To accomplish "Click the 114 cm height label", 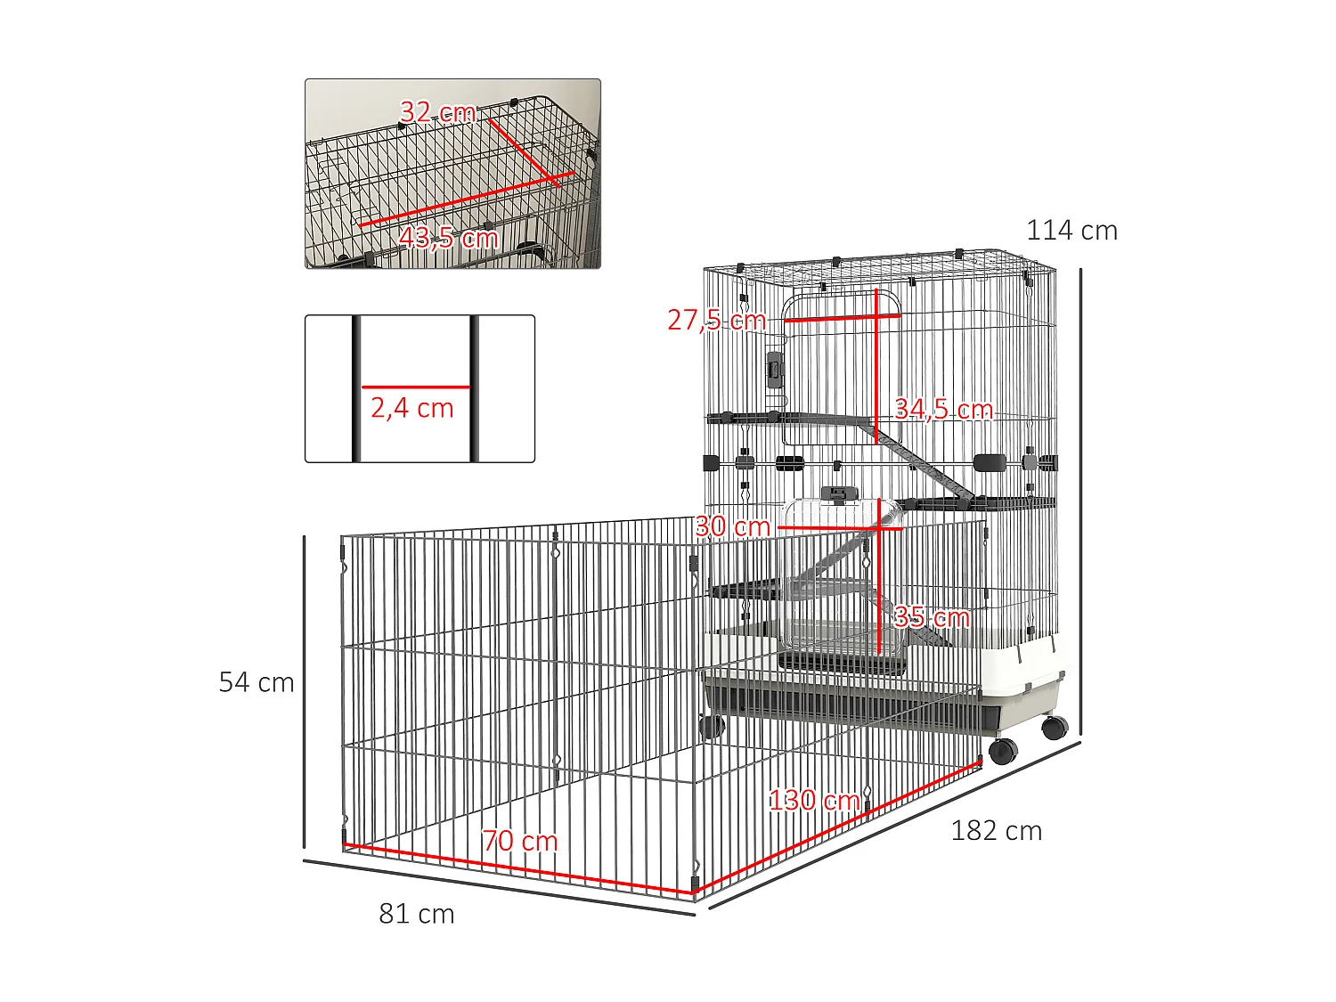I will pyautogui.click(x=1071, y=231).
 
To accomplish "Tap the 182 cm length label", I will pyautogui.click(x=996, y=831).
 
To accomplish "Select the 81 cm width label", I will pyautogui.click(x=417, y=915).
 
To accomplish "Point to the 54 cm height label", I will pyautogui.click(x=257, y=683).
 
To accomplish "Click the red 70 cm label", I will pyautogui.click(x=520, y=841).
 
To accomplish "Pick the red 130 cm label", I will pyautogui.click(x=814, y=800).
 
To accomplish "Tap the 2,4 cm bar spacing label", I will pyautogui.click(x=412, y=409).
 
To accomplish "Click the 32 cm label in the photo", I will pyautogui.click(x=437, y=112).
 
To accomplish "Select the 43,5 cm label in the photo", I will pyautogui.click(x=448, y=238).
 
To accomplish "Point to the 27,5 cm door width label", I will pyautogui.click(x=716, y=320).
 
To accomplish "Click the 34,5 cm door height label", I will pyautogui.click(x=943, y=410).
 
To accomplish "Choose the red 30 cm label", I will pyautogui.click(x=732, y=526).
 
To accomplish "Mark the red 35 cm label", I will pyautogui.click(x=932, y=617).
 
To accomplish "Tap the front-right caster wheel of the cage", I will pyautogui.click(x=1003, y=751).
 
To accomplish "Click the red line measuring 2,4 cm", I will pyautogui.click(x=415, y=387).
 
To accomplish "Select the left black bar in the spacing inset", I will pyautogui.click(x=356, y=388).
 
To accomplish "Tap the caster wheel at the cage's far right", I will pyautogui.click(x=1055, y=728).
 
